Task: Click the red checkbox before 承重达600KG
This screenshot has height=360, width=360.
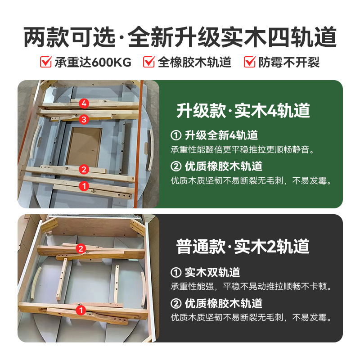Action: (x=46, y=62)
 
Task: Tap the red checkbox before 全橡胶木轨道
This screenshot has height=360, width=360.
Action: (x=149, y=62)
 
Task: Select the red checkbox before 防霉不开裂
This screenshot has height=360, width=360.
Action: (x=250, y=62)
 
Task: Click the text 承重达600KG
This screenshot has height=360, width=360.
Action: (x=93, y=62)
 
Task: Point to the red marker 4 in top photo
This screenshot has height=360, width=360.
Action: (x=83, y=103)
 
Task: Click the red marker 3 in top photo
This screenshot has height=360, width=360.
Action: (x=83, y=119)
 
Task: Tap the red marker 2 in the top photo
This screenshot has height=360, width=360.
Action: (x=83, y=169)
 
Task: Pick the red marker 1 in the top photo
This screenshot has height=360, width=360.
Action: (x=83, y=185)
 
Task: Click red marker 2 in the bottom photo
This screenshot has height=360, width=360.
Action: (x=81, y=248)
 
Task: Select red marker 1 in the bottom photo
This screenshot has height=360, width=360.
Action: (x=81, y=310)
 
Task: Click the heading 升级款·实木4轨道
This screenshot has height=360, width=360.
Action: (x=243, y=110)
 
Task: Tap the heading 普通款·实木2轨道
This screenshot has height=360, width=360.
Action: (x=243, y=246)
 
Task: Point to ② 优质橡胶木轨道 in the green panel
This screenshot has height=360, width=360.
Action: (x=216, y=166)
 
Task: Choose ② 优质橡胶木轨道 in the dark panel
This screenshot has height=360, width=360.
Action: (x=216, y=303)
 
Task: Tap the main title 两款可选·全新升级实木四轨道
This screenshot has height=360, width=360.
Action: (x=180, y=38)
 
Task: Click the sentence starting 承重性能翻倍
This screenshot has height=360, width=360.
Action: (x=245, y=149)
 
